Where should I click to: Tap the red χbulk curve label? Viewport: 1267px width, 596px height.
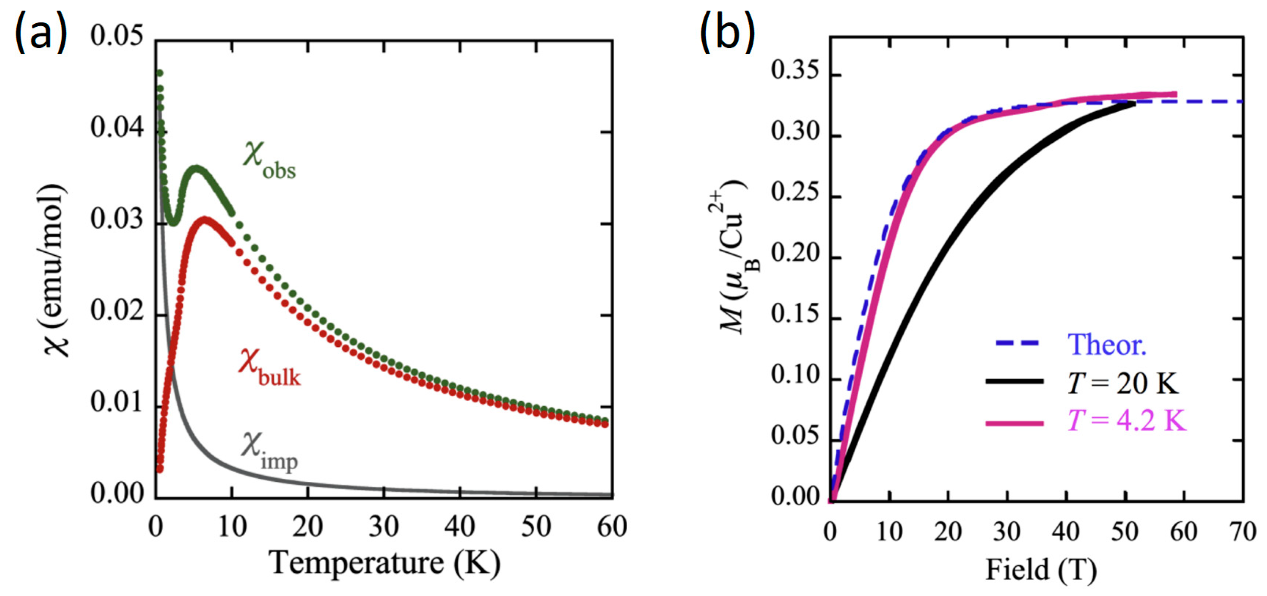(269, 368)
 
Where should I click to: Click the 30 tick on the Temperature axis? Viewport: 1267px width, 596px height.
(383, 527)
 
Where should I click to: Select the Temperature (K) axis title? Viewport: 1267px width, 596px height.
(385, 562)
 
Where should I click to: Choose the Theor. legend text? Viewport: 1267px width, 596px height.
(1107, 344)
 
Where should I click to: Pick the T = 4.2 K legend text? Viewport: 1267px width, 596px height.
(1126, 421)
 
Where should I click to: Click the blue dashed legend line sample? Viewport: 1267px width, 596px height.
(1017, 343)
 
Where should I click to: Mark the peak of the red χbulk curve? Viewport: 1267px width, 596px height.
(205, 219)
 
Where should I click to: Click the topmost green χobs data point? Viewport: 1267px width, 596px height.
(160, 73)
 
